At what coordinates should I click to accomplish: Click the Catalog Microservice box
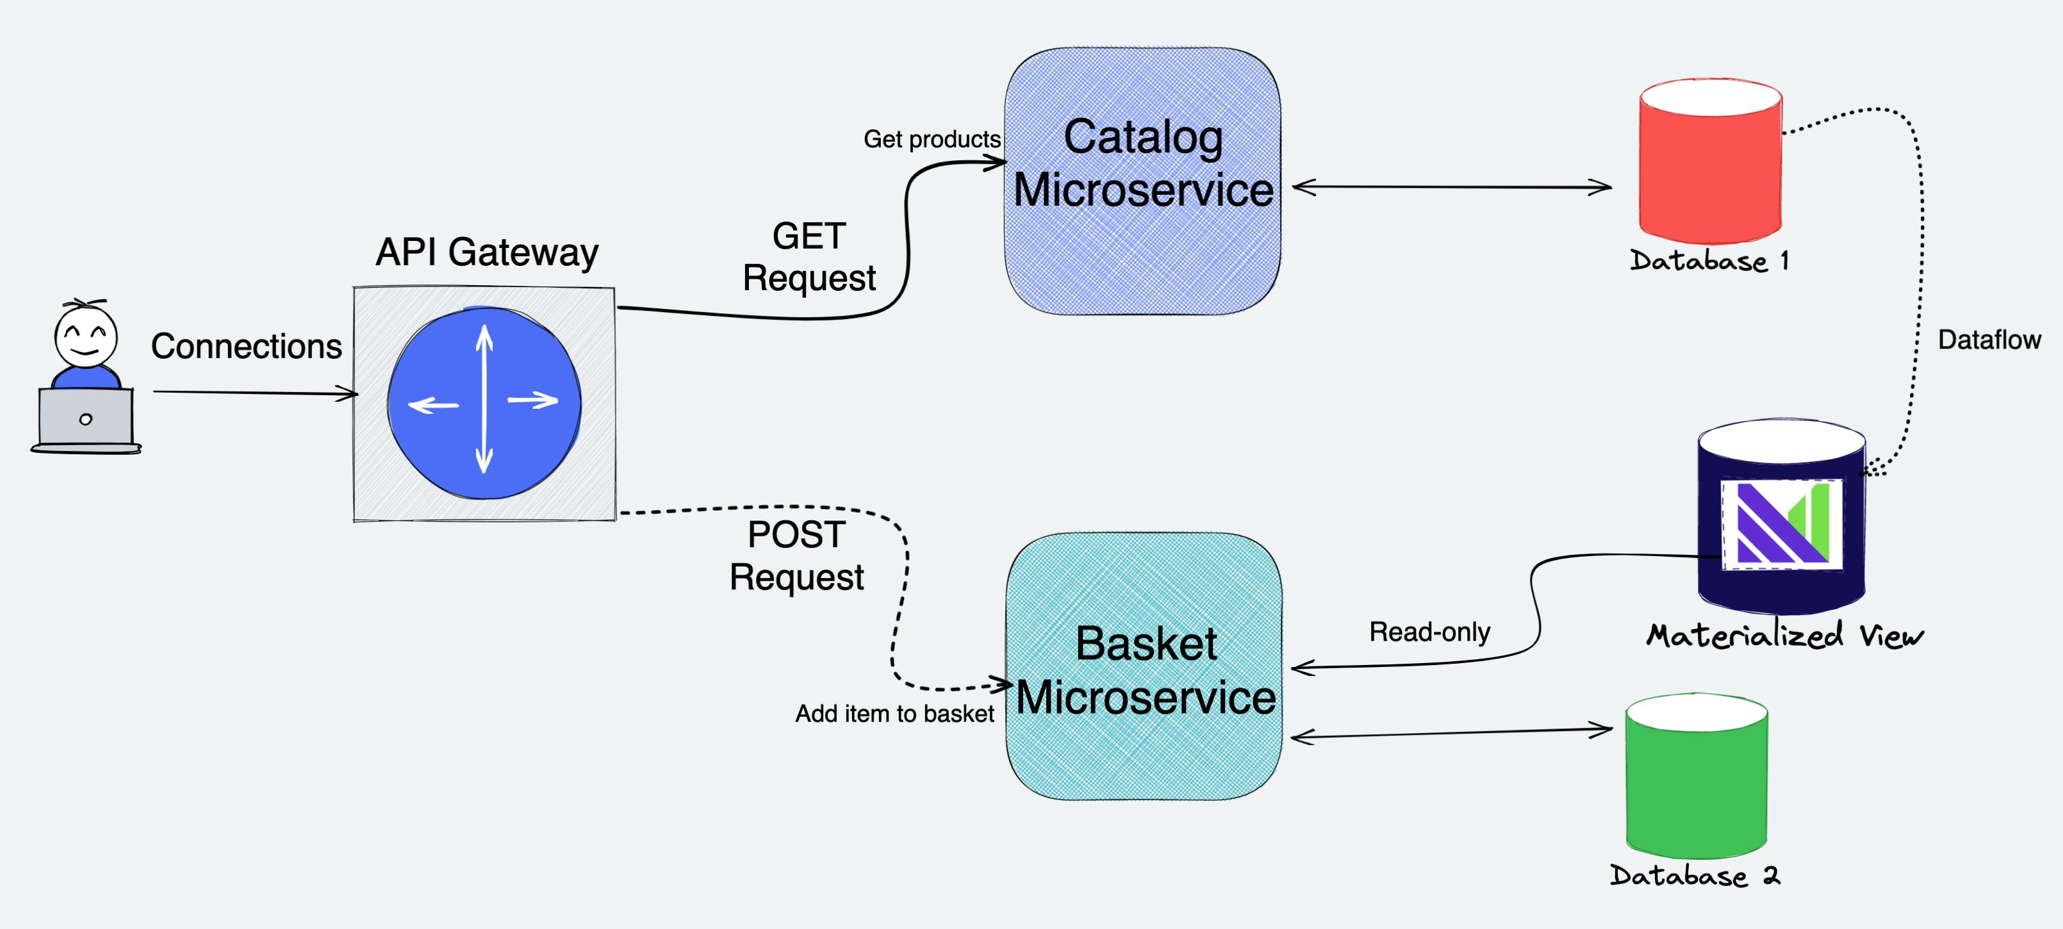[1143, 181]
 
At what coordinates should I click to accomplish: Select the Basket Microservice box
[1144, 666]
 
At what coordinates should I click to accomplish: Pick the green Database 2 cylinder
[1697, 776]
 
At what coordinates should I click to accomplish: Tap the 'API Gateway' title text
[487, 252]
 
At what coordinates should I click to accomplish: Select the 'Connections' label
[247, 346]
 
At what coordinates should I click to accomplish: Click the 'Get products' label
[932, 140]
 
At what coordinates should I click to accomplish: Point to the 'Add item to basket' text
[894, 714]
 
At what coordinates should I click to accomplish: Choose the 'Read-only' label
[1429, 632]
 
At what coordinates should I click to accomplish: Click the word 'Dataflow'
[1989, 340]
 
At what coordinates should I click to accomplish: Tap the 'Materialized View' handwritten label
[1785, 635]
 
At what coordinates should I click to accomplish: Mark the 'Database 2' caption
[1695, 875]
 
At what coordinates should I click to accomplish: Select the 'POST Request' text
[796, 556]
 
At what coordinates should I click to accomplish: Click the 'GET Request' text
[809, 257]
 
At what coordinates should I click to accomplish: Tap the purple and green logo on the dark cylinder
[1782, 525]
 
